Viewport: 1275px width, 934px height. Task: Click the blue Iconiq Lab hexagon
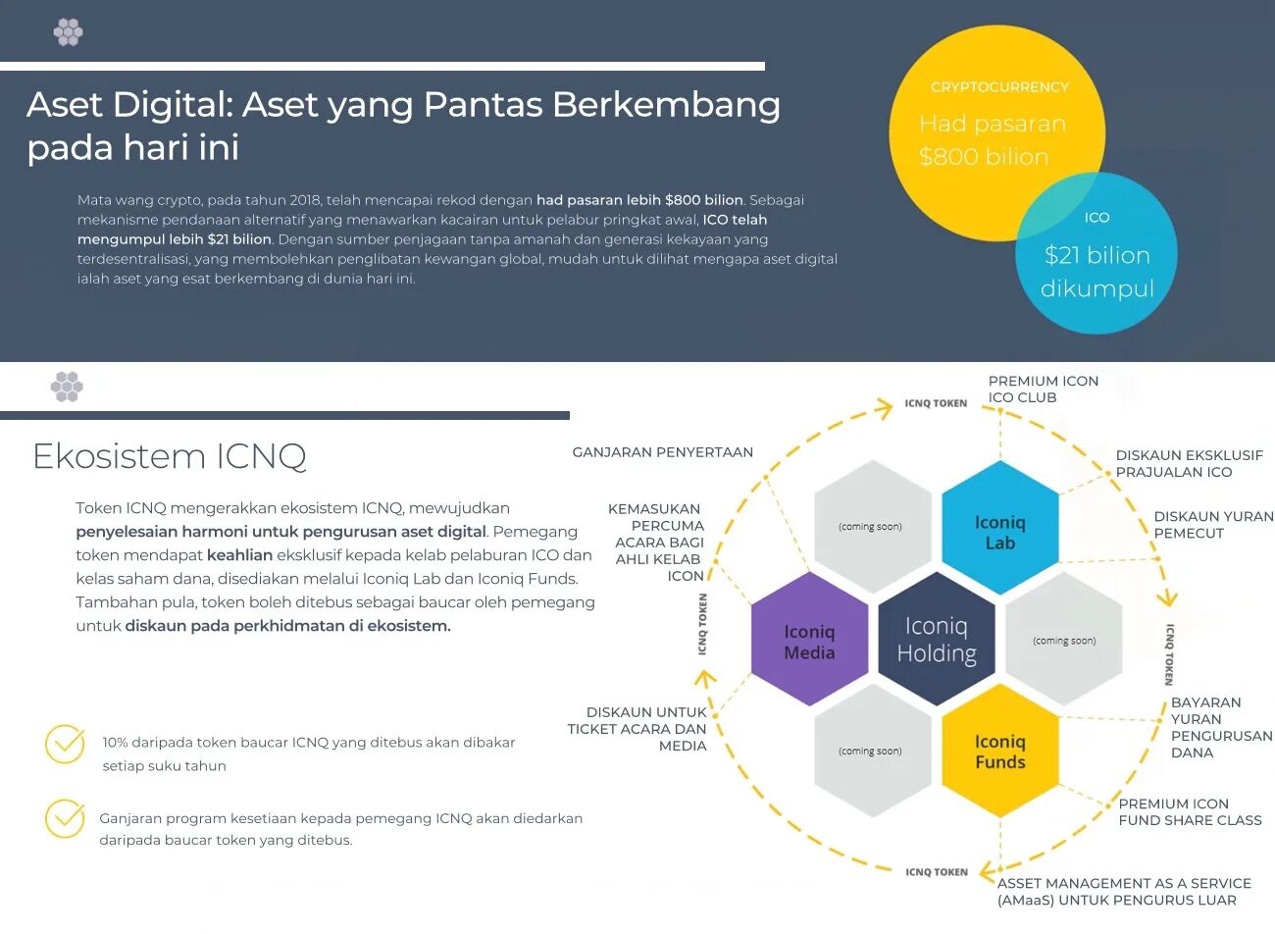click(x=999, y=530)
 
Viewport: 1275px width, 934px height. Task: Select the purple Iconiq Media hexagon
click(x=809, y=641)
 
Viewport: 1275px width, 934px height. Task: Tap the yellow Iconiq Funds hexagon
click(x=999, y=751)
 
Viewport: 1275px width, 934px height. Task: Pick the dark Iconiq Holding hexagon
click(x=937, y=640)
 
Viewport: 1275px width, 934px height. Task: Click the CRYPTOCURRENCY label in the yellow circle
click(x=999, y=87)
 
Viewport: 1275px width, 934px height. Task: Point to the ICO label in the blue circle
click(x=1096, y=218)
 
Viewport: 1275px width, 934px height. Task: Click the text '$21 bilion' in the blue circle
click(x=1096, y=256)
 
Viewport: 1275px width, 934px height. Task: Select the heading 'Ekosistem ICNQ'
click(x=170, y=456)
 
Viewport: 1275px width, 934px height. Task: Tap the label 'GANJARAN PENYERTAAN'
click(x=662, y=452)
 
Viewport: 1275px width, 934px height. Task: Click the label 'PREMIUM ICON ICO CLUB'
click(x=1043, y=389)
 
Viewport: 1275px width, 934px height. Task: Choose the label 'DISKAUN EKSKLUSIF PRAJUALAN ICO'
click(x=1189, y=463)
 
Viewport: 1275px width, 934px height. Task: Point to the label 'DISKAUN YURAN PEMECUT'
click(x=1213, y=525)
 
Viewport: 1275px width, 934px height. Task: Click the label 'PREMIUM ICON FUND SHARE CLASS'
click(x=1190, y=811)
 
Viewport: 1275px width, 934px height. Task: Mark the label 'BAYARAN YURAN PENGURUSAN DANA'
click(x=1220, y=728)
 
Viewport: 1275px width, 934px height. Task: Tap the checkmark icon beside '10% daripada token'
click(x=66, y=744)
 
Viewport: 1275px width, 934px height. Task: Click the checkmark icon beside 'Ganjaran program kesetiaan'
click(x=66, y=818)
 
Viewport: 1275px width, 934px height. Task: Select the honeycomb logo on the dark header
click(x=68, y=32)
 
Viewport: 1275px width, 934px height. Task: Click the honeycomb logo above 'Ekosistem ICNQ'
click(x=67, y=387)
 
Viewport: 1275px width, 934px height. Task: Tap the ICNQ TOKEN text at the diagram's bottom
click(x=936, y=872)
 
